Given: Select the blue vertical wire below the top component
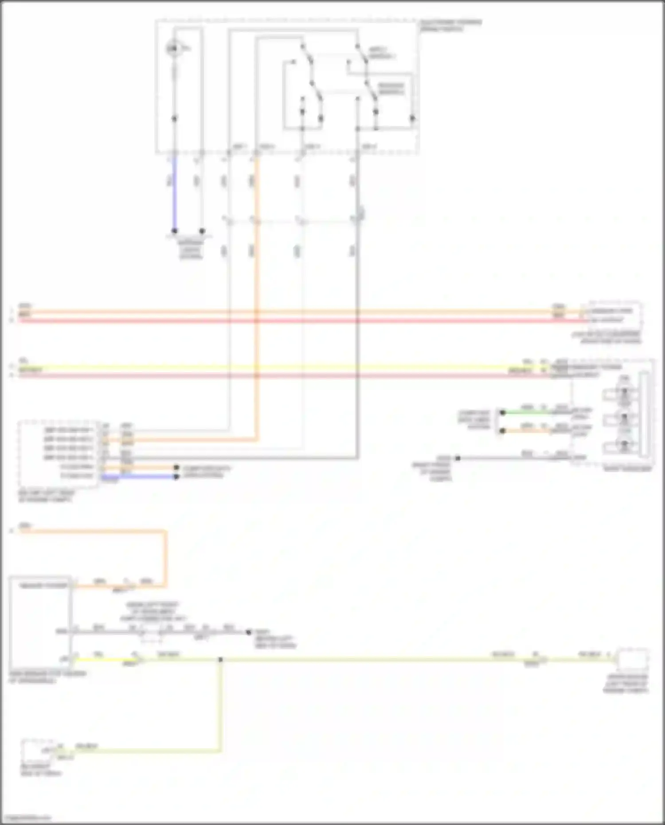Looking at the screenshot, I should (174, 195).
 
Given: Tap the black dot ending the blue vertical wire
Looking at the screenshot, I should (175, 231).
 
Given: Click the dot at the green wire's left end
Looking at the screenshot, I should (502, 412).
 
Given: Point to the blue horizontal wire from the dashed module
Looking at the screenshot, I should (137, 477).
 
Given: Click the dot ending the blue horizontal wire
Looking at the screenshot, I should (176, 477).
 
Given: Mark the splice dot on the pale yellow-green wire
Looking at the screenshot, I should (220, 660).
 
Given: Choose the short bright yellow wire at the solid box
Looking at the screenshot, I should (104, 660).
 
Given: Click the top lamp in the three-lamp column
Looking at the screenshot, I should (624, 392).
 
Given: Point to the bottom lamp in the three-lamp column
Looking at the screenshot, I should (624, 445).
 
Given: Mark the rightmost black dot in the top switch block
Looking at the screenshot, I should (412, 118).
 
